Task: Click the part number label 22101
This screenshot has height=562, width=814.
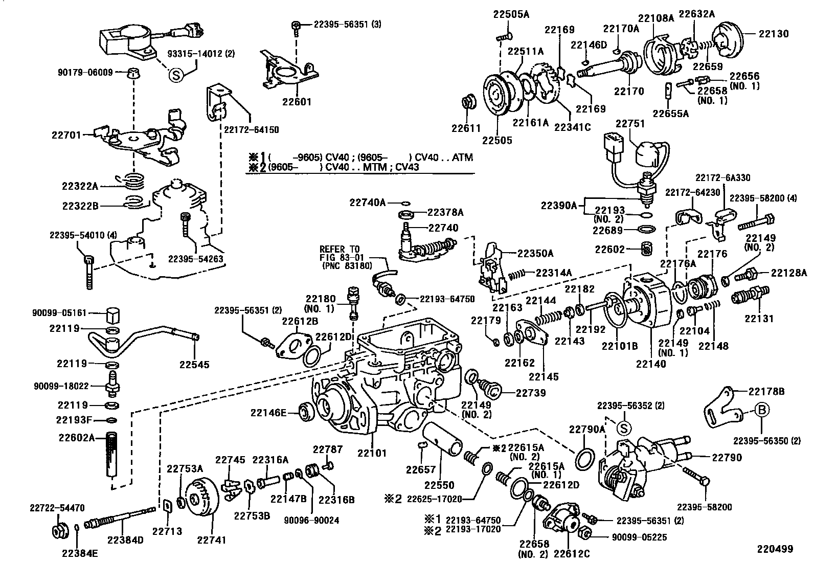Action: point(372,453)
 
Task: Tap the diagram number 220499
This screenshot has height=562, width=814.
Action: point(775,549)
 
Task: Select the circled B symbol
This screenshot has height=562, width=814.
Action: point(760,410)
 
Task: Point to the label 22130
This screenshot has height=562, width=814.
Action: point(774,34)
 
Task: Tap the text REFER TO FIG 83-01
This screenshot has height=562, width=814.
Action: point(339,253)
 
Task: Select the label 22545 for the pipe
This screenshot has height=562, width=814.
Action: point(194,365)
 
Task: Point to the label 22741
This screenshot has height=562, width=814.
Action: point(211,539)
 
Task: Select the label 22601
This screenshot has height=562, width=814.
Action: point(296,101)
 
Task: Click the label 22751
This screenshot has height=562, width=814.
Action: point(630,124)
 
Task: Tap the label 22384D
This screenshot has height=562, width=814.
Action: point(126,539)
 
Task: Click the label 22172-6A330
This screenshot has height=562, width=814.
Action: point(722,177)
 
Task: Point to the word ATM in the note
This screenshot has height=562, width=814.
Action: point(462,158)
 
